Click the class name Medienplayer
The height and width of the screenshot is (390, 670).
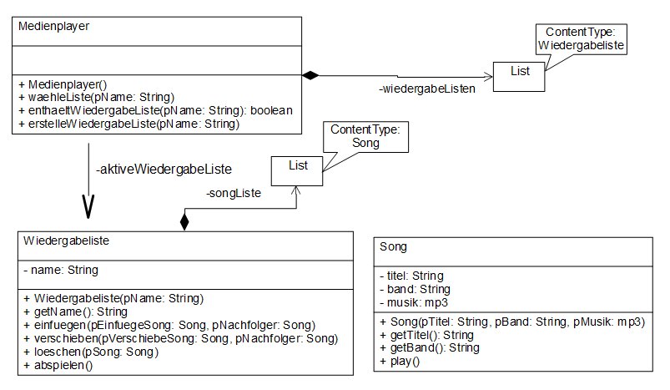(x=53, y=26)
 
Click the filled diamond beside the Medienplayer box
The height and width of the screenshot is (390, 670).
(x=310, y=76)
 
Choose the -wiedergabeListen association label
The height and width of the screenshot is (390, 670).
(x=428, y=89)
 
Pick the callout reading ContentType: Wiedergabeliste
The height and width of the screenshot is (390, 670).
(x=581, y=39)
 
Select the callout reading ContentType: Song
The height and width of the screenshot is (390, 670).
(x=366, y=136)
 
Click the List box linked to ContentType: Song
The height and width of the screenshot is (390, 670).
(x=297, y=170)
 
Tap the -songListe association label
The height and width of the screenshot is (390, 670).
(x=234, y=194)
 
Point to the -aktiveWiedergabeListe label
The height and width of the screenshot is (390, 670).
(x=164, y=170)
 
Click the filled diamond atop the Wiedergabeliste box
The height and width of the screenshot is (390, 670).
(x=184, y=221)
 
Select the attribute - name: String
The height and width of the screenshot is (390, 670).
(x=60, y=270)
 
